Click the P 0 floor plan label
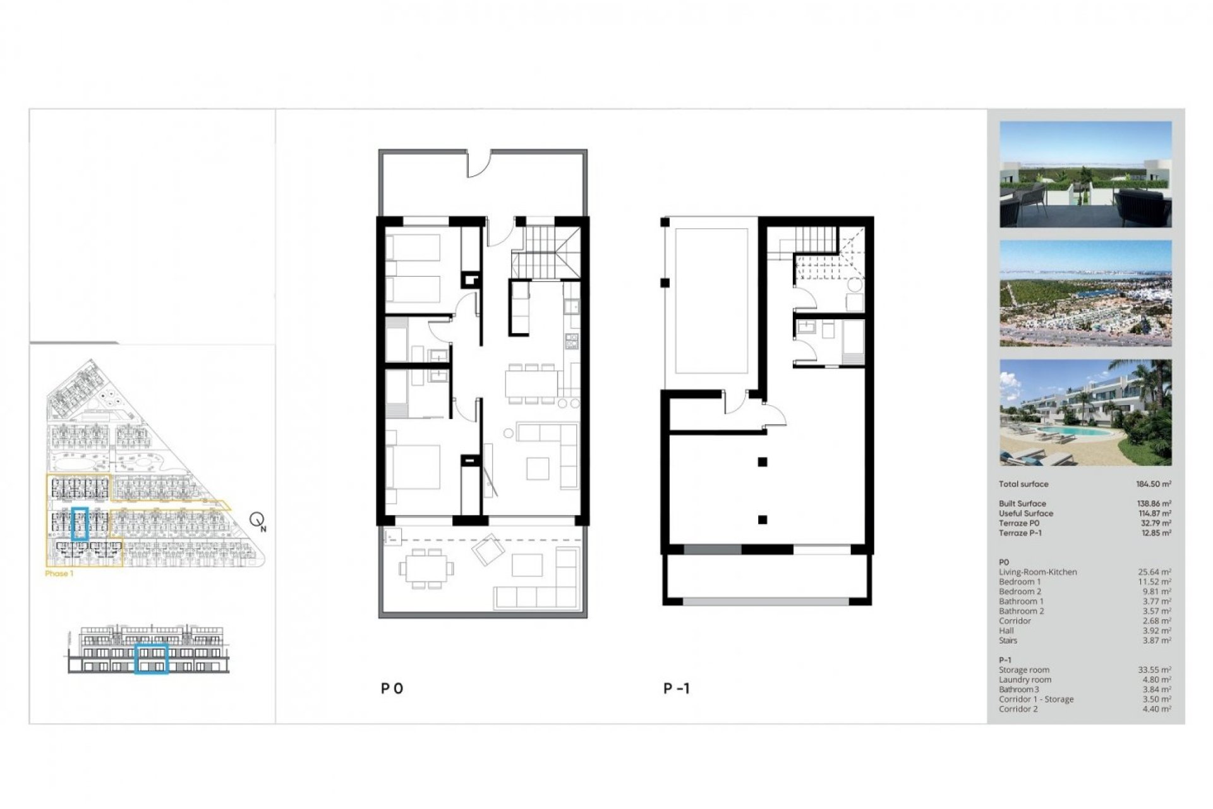[392, 688]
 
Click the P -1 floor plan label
[677, 688]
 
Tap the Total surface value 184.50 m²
[1154, 484]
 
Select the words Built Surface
[1022, 504]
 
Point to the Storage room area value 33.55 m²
[1154, 670]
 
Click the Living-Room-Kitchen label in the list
[1038, 572]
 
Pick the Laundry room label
[1025, 680]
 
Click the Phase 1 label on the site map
[59, 574]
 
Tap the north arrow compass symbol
[257, 521]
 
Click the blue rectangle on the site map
[80, 524]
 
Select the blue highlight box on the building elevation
[152, 659]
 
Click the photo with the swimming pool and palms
[1085, 413]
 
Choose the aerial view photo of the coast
[1085, 293]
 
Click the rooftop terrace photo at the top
[1085, 174]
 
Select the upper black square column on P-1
[763, 462]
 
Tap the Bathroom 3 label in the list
[1018, 690]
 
